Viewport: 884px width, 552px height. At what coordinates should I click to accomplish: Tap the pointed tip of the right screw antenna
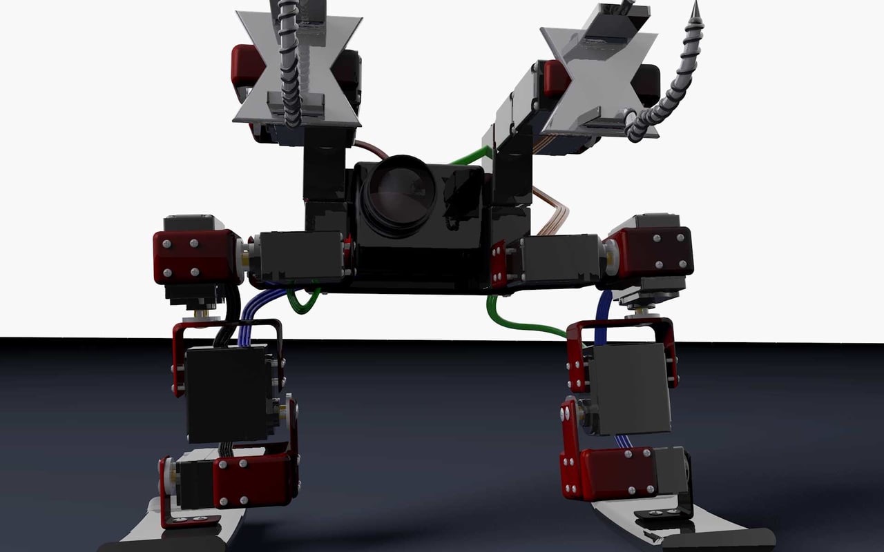[x=695, y=8]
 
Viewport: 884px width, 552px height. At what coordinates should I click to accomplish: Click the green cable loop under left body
[x=304, y=301]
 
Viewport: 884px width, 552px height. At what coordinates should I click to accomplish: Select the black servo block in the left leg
[x=228, y=393]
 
